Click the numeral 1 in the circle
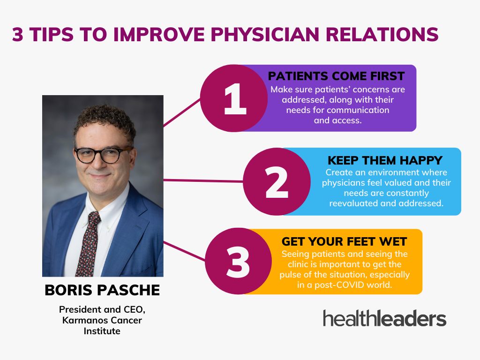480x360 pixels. (235, 99)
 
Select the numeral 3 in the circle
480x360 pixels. (238, 262)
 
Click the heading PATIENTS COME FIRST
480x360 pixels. (336, 76)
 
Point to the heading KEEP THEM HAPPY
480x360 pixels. (385, 160)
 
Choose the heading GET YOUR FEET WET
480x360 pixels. (344, 241)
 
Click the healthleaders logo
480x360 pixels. (384, 318)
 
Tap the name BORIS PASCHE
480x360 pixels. (102, 290)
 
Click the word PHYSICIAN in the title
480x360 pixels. (265, 34)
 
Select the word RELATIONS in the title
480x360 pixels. (382, 34)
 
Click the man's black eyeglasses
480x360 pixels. (103, 155)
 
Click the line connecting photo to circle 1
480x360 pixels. (182, 112)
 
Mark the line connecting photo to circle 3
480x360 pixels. (184, 251)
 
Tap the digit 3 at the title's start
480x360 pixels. (18, 34)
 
